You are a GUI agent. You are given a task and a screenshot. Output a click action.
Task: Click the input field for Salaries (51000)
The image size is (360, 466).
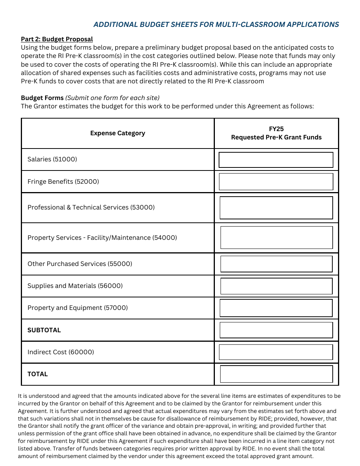click(276, 160)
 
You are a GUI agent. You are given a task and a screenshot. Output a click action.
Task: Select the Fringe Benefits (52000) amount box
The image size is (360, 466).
click(276, 182)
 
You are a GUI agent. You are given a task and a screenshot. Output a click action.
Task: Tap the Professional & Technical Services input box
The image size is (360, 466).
click(276, 208)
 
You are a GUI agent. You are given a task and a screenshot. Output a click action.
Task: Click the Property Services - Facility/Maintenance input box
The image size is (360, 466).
click(276, 238)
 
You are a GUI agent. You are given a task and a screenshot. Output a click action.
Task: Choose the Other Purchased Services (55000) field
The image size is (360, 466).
click(276, 264)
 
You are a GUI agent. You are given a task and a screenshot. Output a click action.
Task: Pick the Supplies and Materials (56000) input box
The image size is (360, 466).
click(276, 286)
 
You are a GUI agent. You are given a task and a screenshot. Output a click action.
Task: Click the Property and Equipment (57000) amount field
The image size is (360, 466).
click(276, 308)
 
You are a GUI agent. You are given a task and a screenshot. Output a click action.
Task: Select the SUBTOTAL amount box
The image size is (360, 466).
click(276, 330)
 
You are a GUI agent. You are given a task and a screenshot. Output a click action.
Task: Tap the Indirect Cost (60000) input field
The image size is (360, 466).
click(276, 352)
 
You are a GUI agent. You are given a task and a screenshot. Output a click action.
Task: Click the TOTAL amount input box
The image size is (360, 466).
click(276, 374)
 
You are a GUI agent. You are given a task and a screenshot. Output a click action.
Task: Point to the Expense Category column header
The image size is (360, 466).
click(117, 133)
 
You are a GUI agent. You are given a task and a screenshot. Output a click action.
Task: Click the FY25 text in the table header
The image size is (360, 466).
click(276, 129)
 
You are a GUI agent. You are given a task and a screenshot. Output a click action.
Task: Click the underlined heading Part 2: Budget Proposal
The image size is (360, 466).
click(57, 39)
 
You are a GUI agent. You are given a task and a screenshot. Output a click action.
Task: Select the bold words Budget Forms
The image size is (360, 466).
click(42, 98)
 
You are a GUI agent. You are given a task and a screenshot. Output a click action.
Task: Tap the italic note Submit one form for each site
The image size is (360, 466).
click(113, 98)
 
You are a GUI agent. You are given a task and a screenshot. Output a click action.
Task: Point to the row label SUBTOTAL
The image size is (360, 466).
click(44, 330)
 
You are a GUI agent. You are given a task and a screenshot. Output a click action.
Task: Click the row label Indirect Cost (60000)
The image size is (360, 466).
click(61, 352)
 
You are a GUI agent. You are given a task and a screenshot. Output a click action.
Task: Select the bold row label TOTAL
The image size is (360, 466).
click(38, 374)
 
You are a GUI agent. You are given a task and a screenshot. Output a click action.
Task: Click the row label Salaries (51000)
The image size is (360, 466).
click(52, 160)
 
